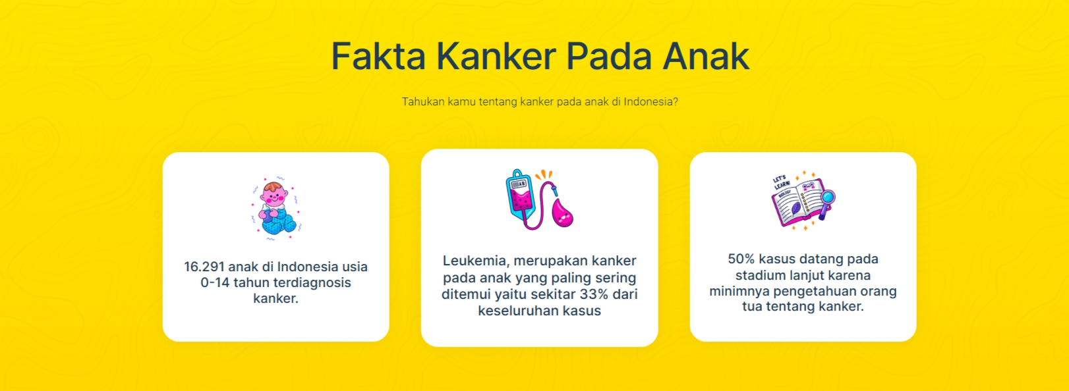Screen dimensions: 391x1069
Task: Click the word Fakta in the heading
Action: (378, 56)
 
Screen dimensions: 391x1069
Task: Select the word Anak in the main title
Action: (706, 56)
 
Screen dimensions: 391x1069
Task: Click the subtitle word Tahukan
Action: (423, 102)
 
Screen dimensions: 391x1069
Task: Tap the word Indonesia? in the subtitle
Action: (650, 102)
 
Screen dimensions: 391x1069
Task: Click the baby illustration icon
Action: (275, 207)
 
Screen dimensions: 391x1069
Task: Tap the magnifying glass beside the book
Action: (826, 199)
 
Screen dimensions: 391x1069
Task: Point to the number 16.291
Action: (204, 267)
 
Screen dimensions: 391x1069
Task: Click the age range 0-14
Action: (215, 282)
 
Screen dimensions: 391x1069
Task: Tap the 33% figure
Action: (594, 294)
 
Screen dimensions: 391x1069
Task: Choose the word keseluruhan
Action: (517, 311)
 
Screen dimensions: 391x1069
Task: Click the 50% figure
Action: (741, 259)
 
